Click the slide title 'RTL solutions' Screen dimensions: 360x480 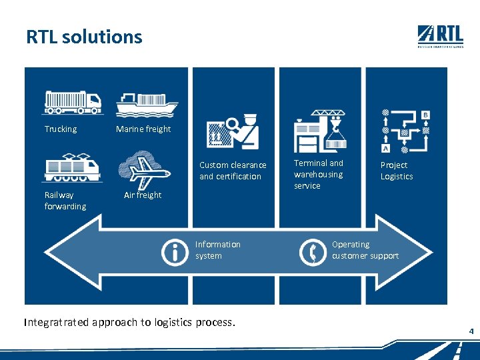84,37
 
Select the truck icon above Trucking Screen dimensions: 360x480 73,102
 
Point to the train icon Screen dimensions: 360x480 72,167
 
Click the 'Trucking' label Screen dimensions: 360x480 61,129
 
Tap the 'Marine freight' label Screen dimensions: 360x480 143,129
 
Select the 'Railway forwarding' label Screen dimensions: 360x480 65,201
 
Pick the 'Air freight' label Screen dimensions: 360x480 143,195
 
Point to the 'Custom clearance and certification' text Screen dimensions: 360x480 233,171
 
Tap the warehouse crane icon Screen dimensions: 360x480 321,131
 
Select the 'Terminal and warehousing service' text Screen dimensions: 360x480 319,174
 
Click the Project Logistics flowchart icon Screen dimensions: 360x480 405,131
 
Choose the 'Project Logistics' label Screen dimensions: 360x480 397,171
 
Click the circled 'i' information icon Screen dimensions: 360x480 175,252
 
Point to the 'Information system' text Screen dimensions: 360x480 218,250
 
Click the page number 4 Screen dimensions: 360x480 471,331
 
